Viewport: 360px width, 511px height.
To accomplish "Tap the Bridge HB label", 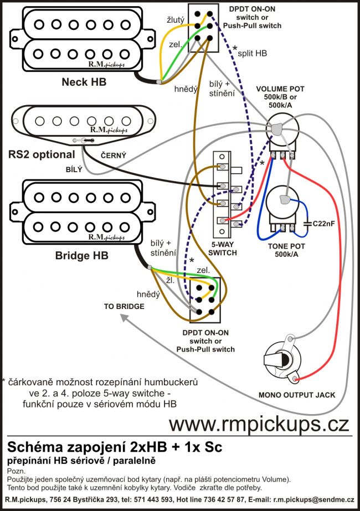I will (81, 256).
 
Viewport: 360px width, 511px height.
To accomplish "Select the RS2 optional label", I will (42, 154).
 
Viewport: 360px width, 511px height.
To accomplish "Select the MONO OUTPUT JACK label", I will (297, 395).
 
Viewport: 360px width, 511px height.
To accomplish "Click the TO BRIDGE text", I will (124, 306).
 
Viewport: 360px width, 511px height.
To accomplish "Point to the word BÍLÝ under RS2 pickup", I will (73, 170).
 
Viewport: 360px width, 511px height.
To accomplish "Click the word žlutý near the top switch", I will (177, 20).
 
